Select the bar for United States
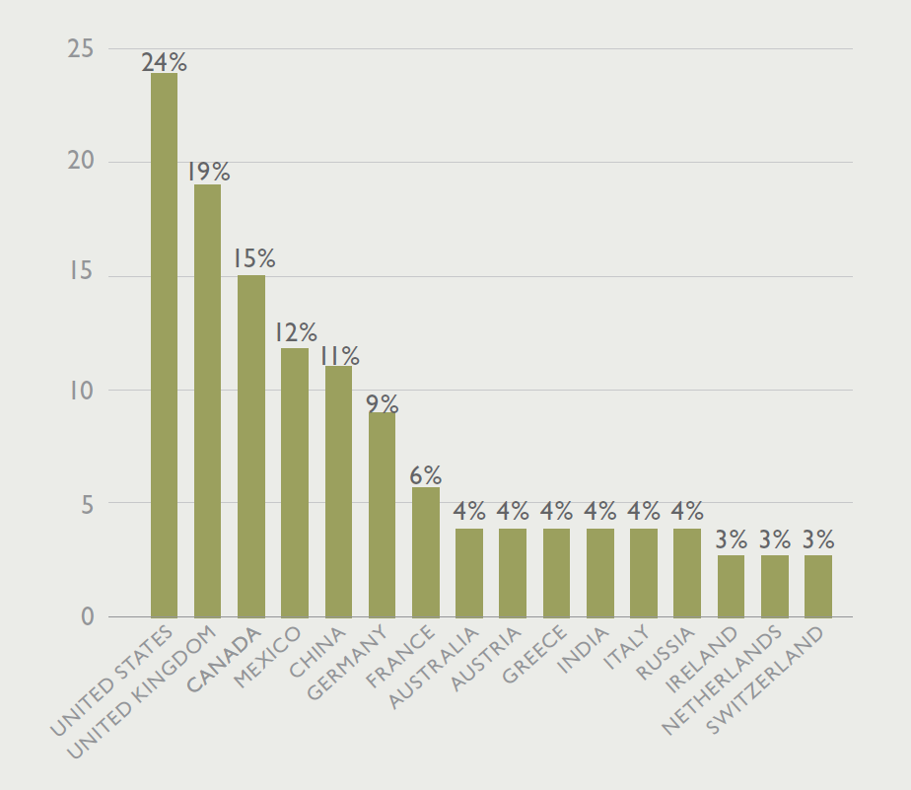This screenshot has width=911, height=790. pos(164,345)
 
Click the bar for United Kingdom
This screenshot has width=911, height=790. pos(207,400)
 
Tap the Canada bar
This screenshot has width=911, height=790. pos(250,446)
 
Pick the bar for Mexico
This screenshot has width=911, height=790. pos(295,482)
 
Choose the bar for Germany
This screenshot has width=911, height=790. pos(382,515)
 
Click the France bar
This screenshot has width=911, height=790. pos(425,552)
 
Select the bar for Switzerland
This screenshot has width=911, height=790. pos(817,586)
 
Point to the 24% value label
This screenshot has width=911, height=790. pos(164,62)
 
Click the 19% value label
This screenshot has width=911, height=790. pos(207,173)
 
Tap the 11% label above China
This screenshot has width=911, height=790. pos(338,356)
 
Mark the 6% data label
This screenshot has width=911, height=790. pos(425,475)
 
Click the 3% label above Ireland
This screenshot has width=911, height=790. pos(731,540)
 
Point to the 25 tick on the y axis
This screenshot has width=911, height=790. pos(81,47)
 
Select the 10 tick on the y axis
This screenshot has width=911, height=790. pos(81,390)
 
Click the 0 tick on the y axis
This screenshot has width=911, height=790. pos(87,617)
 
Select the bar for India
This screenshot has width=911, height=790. pos(599,573)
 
